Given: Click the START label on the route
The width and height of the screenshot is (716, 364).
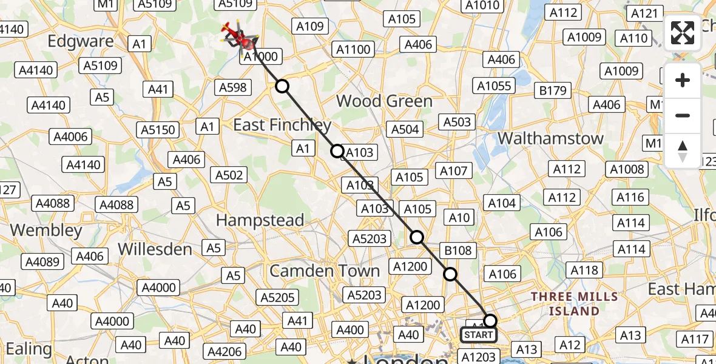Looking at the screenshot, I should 478,335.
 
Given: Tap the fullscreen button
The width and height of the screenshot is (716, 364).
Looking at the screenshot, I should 683,33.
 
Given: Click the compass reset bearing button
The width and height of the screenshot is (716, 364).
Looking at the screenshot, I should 683,150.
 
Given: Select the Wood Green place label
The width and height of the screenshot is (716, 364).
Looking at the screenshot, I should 385,101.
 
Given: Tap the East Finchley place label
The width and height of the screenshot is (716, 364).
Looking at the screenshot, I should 283,126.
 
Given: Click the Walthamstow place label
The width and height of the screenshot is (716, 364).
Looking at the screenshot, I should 551,138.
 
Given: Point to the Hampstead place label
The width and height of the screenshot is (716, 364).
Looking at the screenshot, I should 260,220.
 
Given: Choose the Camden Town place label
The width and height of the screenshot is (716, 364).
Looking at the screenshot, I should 325,271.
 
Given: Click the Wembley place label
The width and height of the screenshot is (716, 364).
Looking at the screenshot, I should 46,231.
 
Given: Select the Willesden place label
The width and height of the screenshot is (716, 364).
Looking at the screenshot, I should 155,249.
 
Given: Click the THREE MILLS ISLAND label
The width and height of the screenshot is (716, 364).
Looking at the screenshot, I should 574,304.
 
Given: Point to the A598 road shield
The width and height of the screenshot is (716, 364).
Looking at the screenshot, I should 233,87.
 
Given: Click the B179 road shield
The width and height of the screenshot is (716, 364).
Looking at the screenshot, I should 552,91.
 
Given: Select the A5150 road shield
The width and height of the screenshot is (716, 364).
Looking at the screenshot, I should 158,129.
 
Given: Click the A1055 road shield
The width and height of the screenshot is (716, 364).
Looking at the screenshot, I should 494,86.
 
